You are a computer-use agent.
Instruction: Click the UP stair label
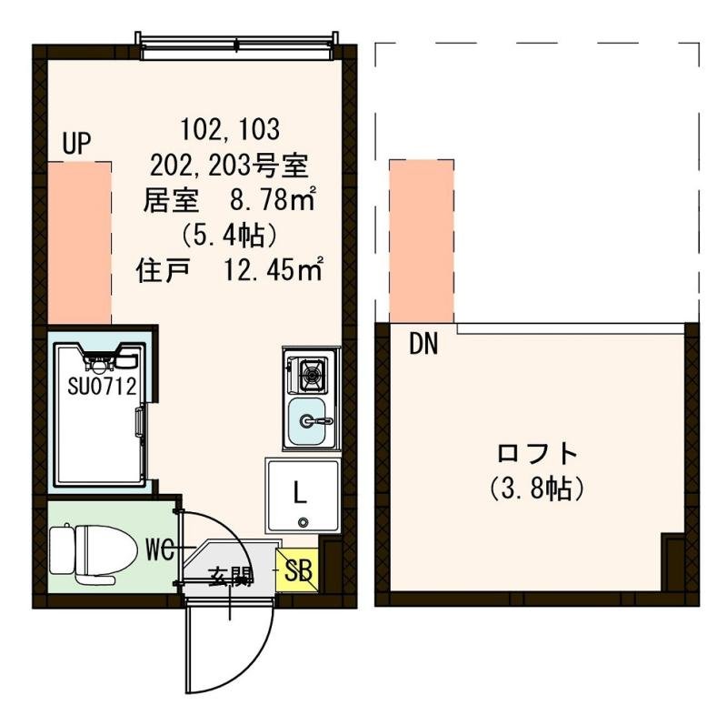click(78, 145)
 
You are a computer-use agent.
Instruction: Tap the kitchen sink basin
click(310, 420)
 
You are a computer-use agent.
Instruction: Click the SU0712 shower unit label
click(102, 386)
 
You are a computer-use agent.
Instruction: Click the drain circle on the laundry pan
click(302, 520)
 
